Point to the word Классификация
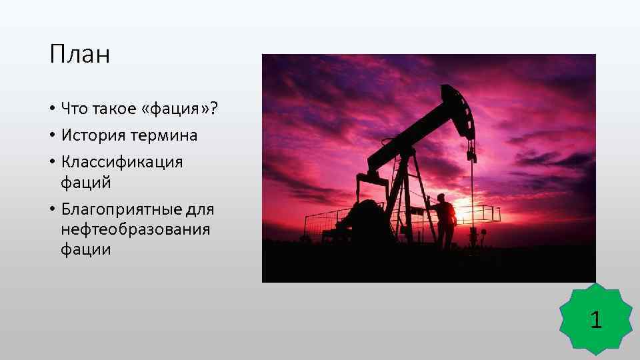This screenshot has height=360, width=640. pos(122,163)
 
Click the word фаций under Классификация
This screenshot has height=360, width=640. pos(86,183)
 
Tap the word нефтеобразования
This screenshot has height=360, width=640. pos(135,230)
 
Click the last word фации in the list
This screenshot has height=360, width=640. pos(86,251)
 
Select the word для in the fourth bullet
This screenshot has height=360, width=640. pos(200,210)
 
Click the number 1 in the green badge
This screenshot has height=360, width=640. pos(596,321)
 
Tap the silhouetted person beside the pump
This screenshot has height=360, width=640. pos(445,220)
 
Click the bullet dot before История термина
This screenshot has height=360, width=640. pos(52,136)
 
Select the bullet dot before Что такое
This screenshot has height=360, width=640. pos(52,109)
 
